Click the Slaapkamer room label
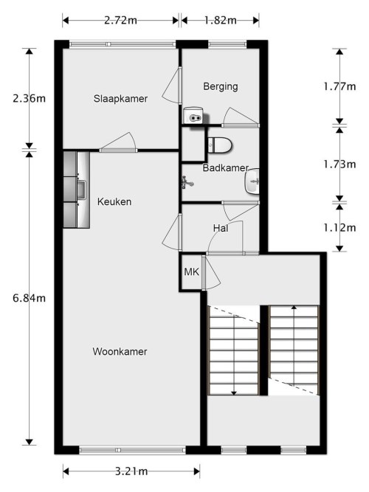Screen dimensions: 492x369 [x=120, y=99]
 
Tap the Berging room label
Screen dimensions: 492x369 [x=221, y=86]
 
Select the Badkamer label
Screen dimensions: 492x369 [x=225, y=167]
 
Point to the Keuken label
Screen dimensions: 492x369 [x=114, y=201]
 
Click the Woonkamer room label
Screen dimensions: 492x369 [x=120, y=352]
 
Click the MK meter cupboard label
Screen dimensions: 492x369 [x=191, y=273]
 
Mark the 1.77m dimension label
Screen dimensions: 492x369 [x=340, y=86]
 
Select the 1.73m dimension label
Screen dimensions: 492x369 [x=340, y=164]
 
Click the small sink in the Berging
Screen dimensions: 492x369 [x=194, y=115]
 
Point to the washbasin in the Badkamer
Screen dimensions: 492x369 [x=255, y=180]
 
